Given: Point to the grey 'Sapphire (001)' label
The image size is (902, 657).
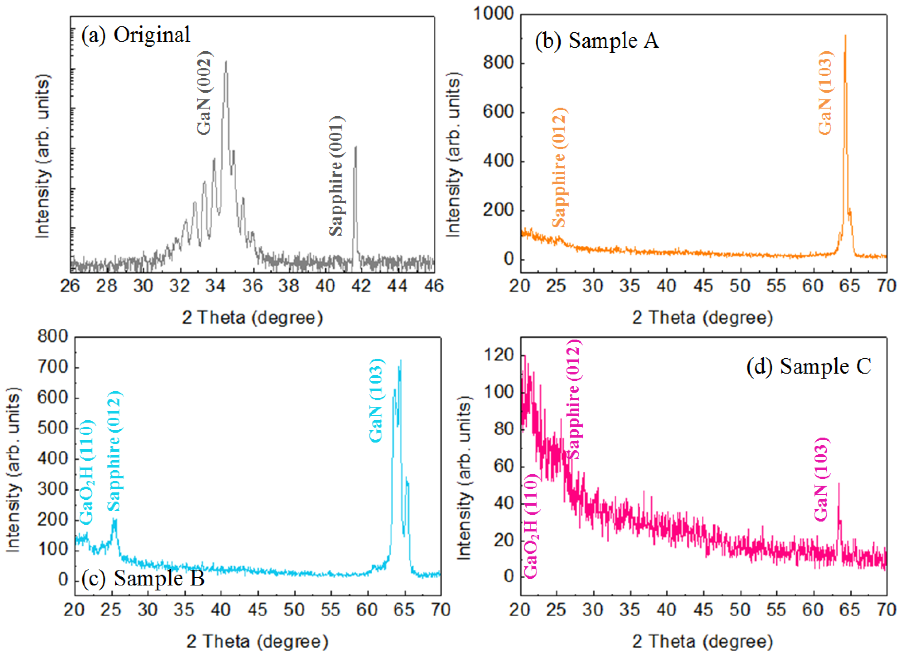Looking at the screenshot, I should click(x=336, y=176).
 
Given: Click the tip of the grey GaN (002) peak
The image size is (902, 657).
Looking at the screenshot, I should click(x=226, y=62).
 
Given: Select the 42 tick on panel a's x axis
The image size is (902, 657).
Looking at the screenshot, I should click(x=361, y=286).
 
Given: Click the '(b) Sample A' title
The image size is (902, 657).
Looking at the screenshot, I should click(x=596, y=41).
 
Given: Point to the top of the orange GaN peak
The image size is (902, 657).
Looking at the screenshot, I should click(x=845, y=36).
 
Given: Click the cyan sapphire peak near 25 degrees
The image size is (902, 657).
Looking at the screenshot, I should click(x=114, y=521).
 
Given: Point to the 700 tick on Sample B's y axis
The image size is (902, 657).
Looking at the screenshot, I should click(x=53, y=367).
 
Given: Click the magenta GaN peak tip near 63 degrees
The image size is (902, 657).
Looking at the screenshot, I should click(x=839, y=484).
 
